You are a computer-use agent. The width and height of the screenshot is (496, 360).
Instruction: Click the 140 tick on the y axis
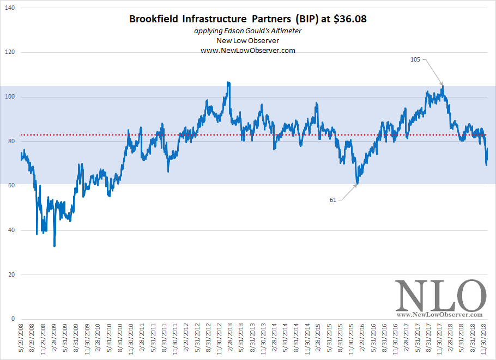pos(11,8)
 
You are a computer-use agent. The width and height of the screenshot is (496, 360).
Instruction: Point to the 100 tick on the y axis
pos(11,97)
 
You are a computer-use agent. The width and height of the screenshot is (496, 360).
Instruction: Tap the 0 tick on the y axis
pos(14,319)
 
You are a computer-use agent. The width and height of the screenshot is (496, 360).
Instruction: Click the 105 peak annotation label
pos(415,60)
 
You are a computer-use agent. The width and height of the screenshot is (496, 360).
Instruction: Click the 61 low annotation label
pos(333,200)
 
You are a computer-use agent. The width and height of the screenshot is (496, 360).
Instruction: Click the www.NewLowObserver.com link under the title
pos(248,50)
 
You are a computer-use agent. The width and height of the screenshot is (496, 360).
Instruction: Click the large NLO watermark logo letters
pos(440,296)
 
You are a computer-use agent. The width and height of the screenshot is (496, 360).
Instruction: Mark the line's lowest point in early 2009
pos(55,246)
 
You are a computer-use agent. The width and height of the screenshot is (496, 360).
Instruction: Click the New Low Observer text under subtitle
pos(248,40)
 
